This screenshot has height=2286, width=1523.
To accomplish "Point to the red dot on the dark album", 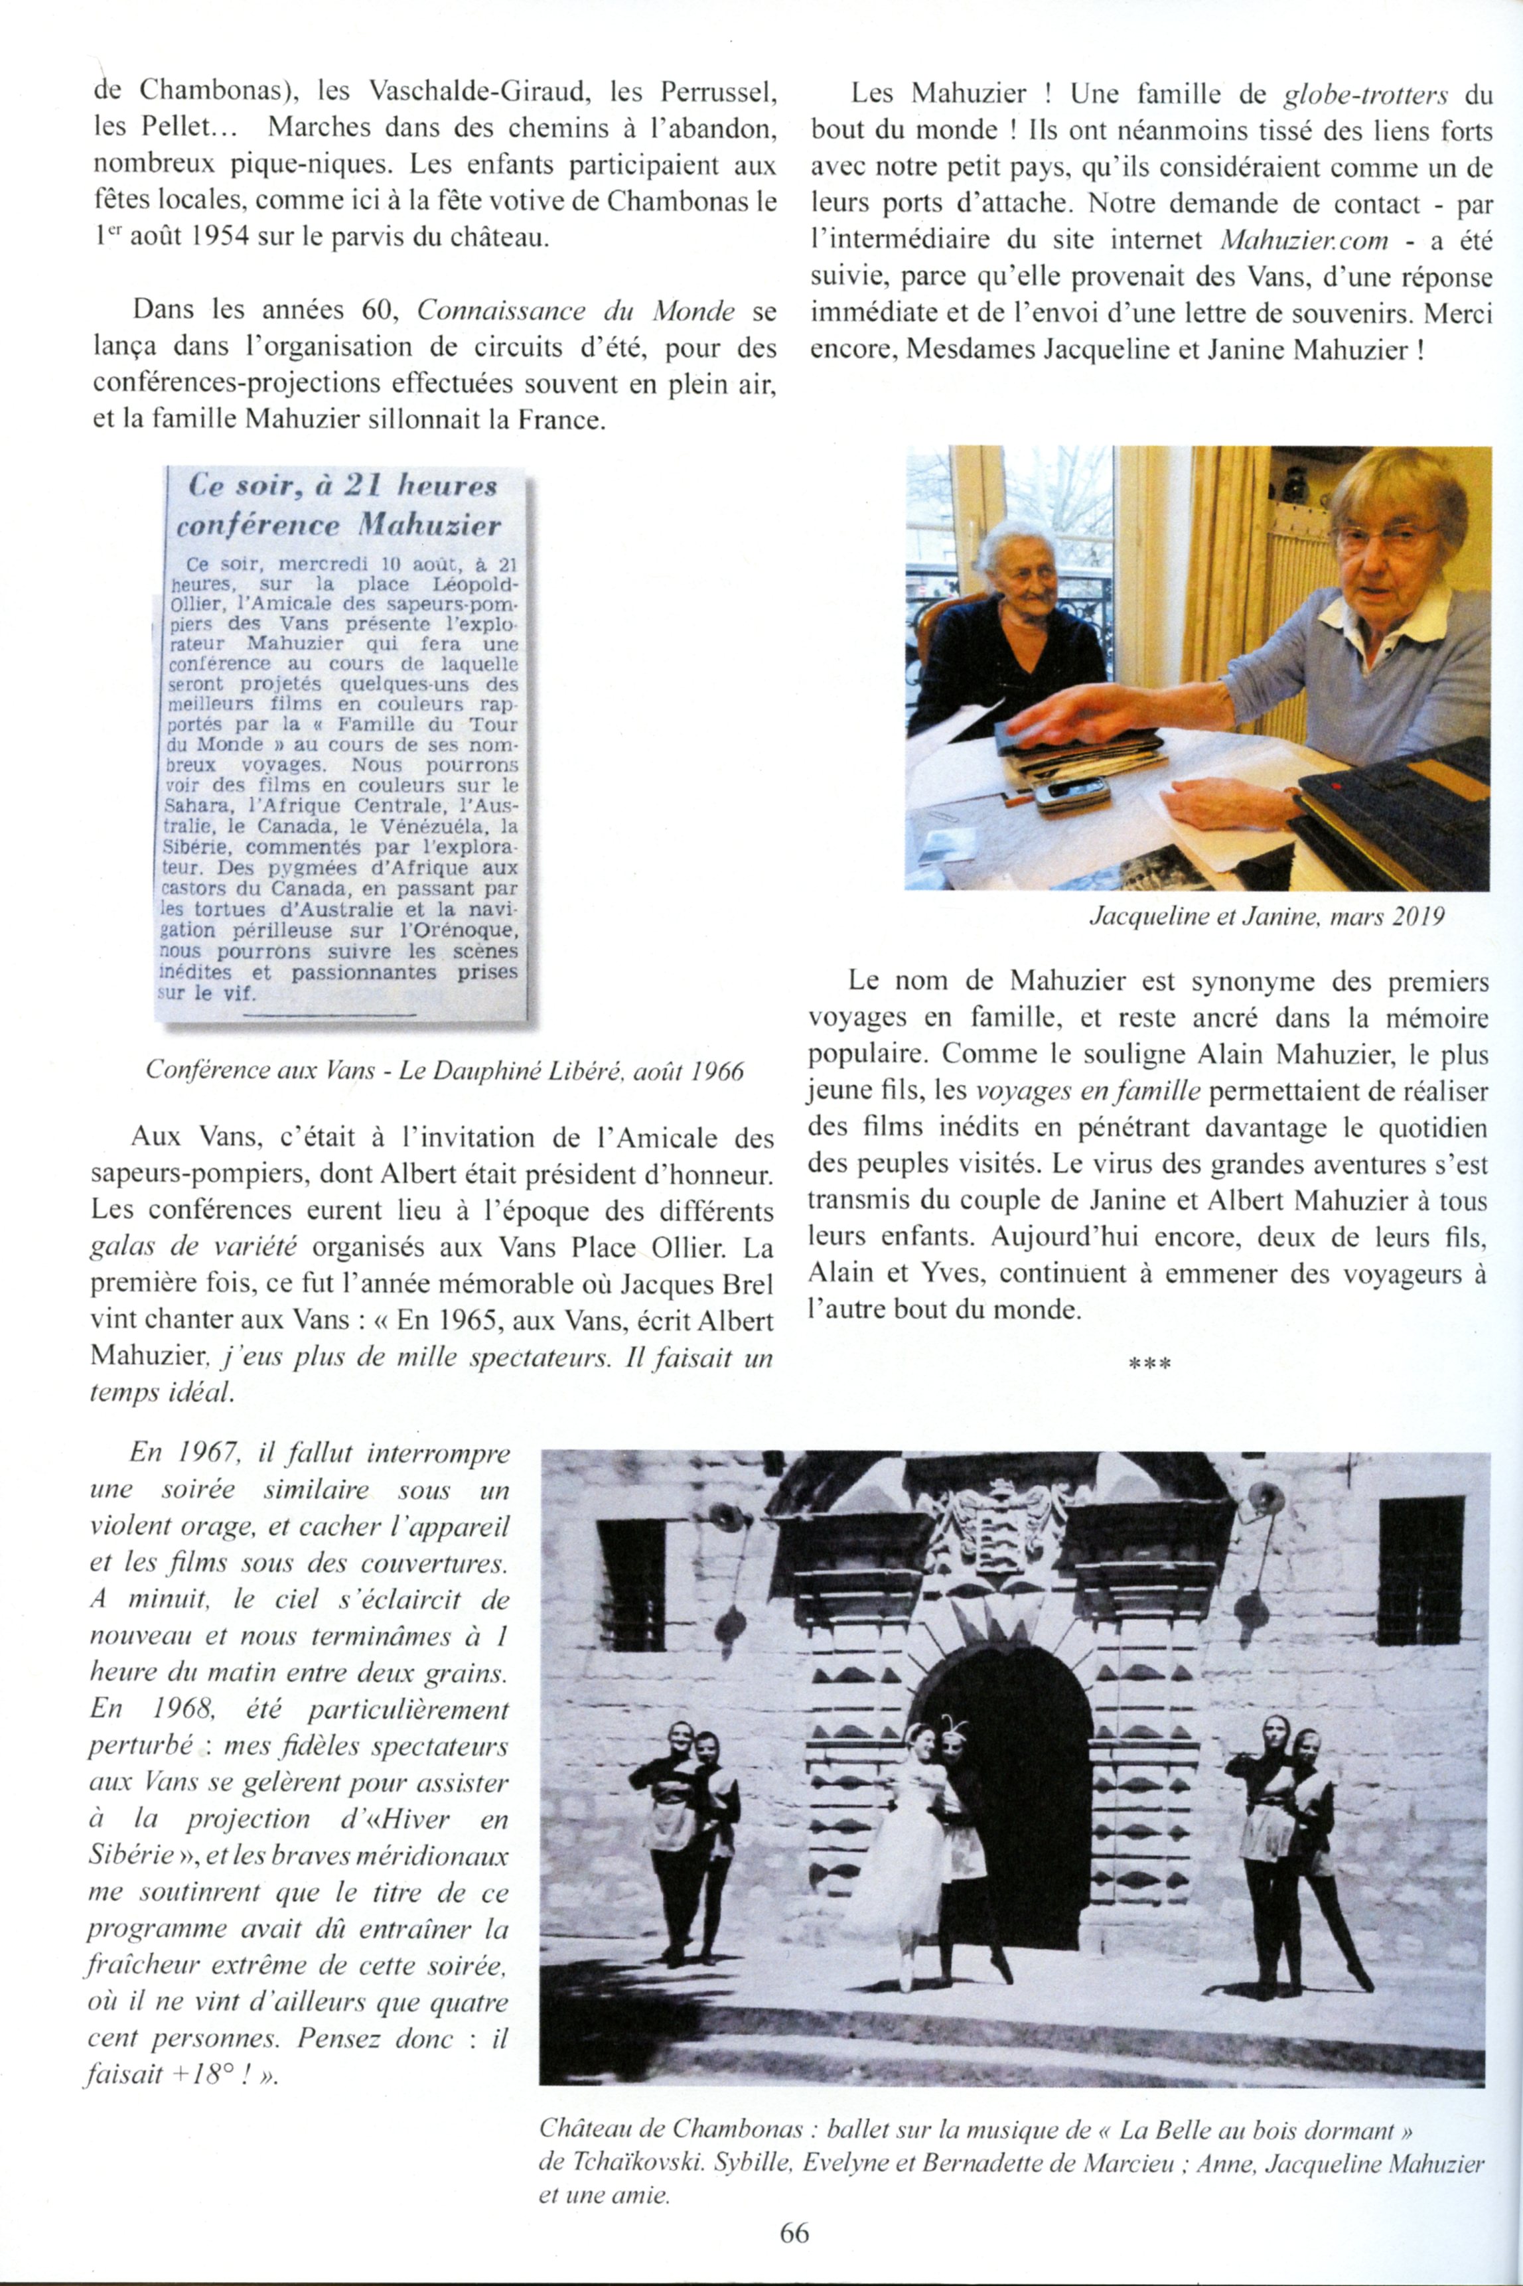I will tap(1337, 784).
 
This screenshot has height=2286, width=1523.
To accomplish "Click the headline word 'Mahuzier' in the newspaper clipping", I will tap(428, 526).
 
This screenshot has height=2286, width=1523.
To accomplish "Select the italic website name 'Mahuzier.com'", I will tap(1293, 239).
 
